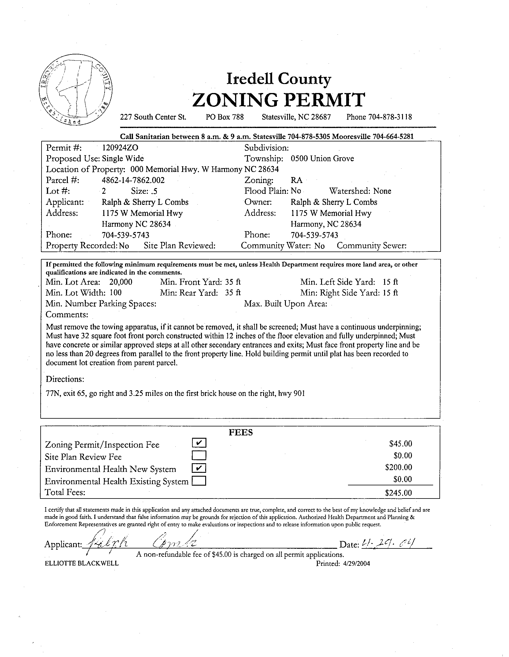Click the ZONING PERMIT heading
click(x=278, y=100)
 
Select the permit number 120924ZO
click(x=120, y=148)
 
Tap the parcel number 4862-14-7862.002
click(x=133, y=180)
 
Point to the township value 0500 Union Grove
click(x=322, y=158)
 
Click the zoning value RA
click(x=296, y=180)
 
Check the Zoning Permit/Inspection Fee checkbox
click(x=199, y=443)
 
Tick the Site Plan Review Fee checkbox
click(x=199, y=455)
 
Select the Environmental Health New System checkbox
click(x=199, y=468)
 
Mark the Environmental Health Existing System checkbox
click(x=199, y=481)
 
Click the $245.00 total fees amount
click(x=398, y=493)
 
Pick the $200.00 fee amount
click(x=398, y=467)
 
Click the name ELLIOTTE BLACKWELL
click(x=82, y=563)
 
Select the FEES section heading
click(x=241, y=432)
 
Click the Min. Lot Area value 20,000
click(x=121, y=282)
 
